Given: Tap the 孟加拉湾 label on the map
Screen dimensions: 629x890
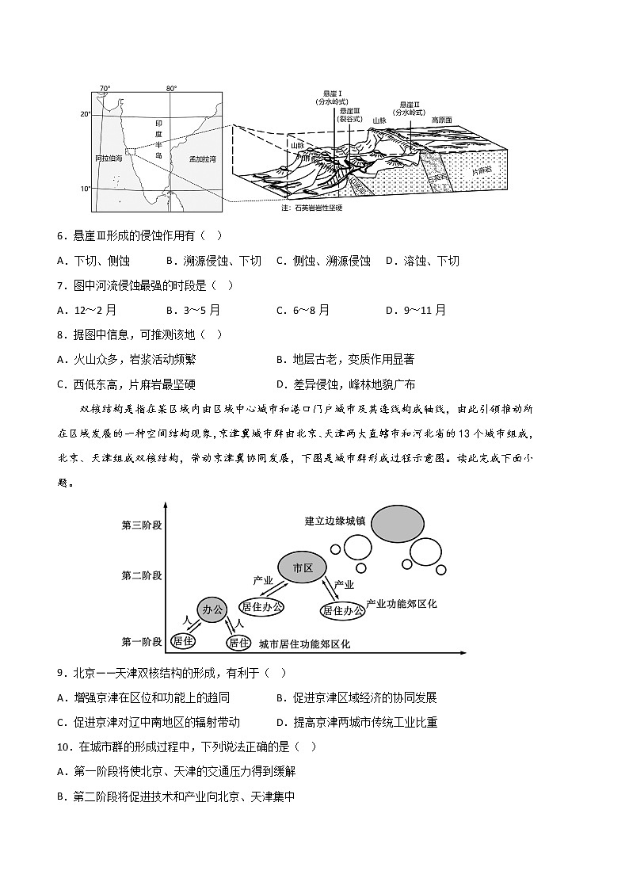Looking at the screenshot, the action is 202,159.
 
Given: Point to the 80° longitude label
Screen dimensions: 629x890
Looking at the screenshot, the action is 172,88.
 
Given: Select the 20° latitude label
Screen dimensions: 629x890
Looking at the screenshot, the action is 85,114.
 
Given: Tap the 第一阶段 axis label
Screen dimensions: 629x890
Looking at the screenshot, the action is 142,641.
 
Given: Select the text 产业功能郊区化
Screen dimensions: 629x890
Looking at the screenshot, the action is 402,604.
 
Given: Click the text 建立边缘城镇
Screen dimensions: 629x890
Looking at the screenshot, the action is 335,521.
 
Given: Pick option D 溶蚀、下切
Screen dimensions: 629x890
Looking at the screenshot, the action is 421,261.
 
